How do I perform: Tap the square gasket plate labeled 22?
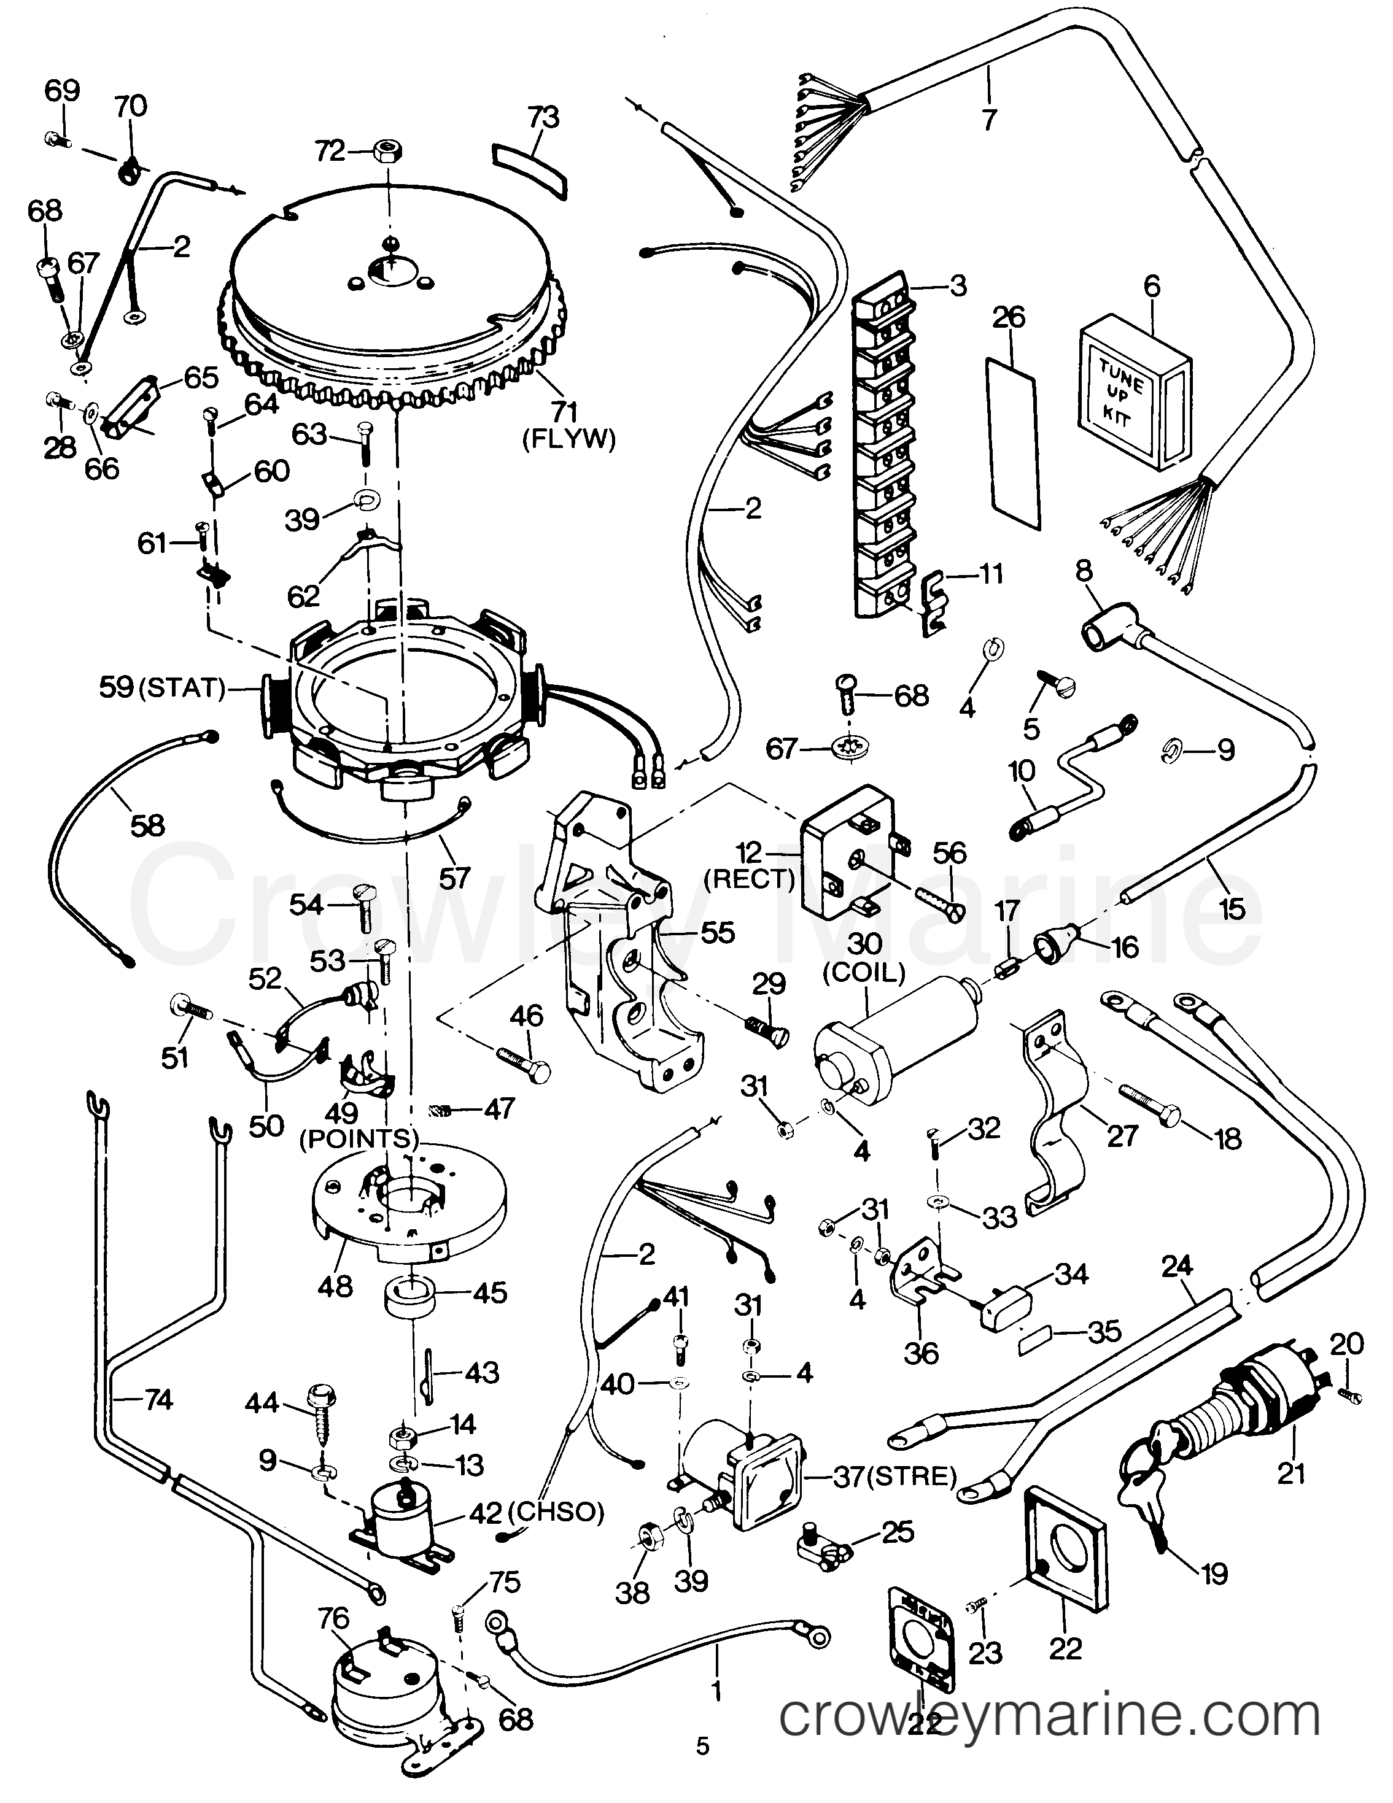click(1065, 1557)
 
